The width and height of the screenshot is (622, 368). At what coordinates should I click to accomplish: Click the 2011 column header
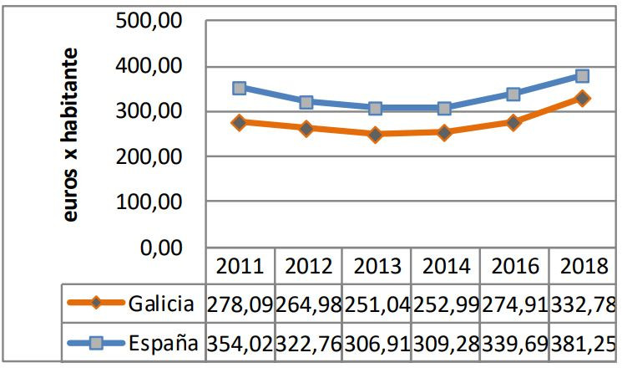click(x=240, y=268)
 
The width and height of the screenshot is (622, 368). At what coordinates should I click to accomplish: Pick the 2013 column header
click(x=377, y=268)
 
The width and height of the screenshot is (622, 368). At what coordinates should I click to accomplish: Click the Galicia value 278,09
click(x=240, y=304)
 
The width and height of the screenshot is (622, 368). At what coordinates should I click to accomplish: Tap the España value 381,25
click(x=584, y=343)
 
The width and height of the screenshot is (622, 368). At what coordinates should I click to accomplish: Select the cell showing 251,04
click(x=377, y=304)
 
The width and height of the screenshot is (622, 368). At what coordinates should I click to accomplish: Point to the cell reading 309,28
click(x=446, y=343)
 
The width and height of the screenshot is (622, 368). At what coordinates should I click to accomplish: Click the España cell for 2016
click(x=514, y=343)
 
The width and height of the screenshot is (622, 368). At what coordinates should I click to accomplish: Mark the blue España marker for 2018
click(x=582, y=76)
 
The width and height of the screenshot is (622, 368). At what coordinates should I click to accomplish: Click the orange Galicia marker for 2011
click(x=240, y=122)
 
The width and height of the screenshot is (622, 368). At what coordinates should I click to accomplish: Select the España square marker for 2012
click(x=306, y=102)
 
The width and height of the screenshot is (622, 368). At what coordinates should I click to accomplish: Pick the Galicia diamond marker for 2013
click(x=376, y=134)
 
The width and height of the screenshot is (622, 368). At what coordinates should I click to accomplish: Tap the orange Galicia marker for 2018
click(x=582, y=98)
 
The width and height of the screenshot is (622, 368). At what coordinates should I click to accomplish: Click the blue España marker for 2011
click(x=240, y=88)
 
